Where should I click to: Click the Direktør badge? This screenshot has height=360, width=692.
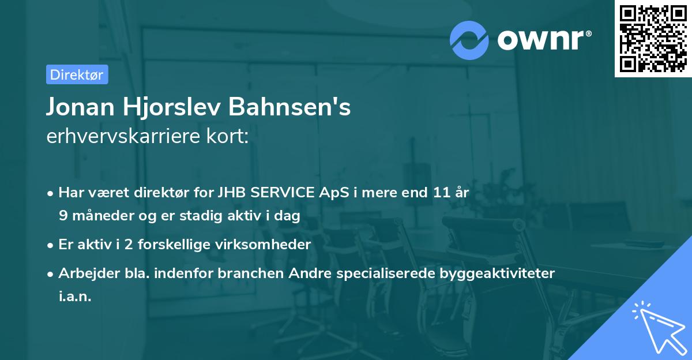(77, 74)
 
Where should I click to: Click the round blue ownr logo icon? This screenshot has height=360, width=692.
(469, 40)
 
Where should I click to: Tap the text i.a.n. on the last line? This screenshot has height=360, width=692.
(75, 296)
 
